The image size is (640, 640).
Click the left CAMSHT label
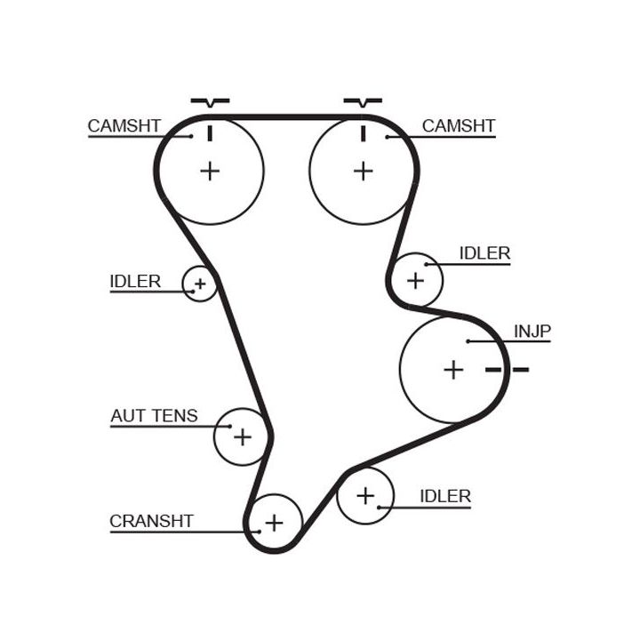(x=124, y=126)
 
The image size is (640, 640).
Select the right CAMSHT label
(x=458, y=126)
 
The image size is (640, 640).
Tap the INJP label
(x=532, y=332)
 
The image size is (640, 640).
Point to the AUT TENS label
(x=154, y=415)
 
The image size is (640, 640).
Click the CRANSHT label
(x=151, y=521)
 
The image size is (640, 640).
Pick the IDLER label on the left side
(x=135, y=282)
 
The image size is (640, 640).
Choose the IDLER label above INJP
(x=484, y=253)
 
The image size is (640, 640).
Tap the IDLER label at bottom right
(x=444, y=496)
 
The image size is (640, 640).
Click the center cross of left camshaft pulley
(x=210, y=170)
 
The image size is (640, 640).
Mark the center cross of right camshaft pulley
(x=363, y=170)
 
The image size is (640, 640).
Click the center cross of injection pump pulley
(x=453, y=369)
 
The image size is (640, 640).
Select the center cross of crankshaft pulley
(x=274, y=523)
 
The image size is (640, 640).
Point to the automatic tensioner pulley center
(x=242, y=436)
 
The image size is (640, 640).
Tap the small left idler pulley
(x=200, y=284)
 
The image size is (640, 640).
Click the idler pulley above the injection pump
(x=416, y=280)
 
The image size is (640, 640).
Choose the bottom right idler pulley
(x=364, y=496)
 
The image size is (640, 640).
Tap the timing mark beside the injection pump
(x=508, y=369)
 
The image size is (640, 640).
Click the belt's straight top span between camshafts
(x=286, y=116)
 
